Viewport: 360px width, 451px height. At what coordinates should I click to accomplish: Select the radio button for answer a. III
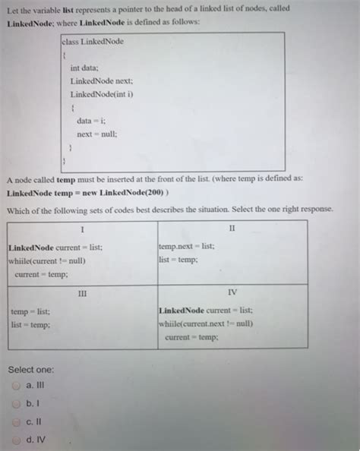[16, 385]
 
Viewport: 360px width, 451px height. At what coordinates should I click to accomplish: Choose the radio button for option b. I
[16, 403]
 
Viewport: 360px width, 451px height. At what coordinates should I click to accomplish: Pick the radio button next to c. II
[16, 421]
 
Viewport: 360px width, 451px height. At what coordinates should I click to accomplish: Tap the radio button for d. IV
[16, 439]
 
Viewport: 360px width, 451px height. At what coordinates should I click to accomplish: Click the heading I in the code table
[81, 229]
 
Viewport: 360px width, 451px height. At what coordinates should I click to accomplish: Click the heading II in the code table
[232, 228]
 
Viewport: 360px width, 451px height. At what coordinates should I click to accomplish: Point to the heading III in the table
[83, 292]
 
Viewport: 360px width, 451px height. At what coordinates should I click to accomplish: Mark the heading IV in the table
[232, 292]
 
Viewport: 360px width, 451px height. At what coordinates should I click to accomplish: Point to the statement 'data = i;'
[93, 121]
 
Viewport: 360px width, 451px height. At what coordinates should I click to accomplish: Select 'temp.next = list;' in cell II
[186, 247]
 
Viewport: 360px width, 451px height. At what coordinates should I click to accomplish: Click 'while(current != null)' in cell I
[47, 260]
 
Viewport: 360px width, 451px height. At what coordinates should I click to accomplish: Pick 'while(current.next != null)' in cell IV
[206, 323]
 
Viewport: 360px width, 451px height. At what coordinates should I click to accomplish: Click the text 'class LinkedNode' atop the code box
[93, 41]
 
